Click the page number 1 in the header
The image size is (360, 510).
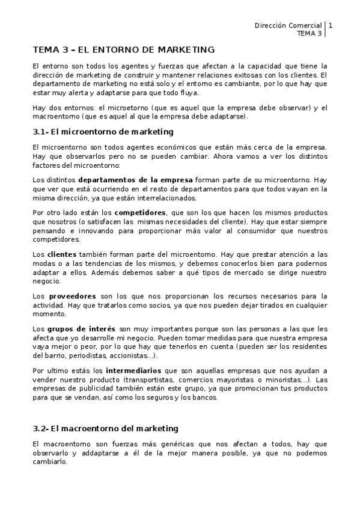pyautogui.click(x=330, y=25)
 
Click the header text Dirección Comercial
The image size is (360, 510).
pyautogui.click(x=288, y=25)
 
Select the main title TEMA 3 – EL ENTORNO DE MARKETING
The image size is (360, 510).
pyautogui.click(x=123, y=50)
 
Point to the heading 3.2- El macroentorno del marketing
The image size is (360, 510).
pyautogui.click(x=105, y=428)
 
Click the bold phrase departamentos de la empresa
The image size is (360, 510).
pyautogui.click(x=135, y=180)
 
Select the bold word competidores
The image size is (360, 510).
pyautogui.click(x=141, y=212)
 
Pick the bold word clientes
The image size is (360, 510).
pyautogui.click(x=62, y=254)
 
